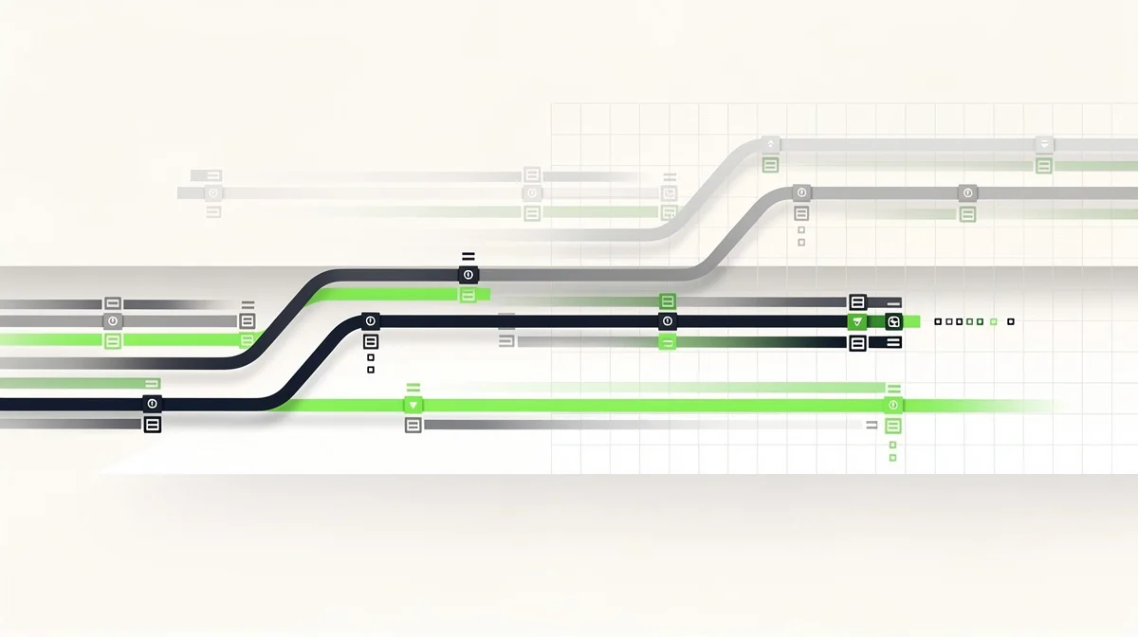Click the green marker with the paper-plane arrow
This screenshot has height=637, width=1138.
pyautogui.click(x=857, y=322)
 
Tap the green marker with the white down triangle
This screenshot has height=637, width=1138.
pyautogui.click(x=413, y=405)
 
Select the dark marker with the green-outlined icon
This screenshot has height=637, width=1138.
pyautogui.click(x=892, y=322)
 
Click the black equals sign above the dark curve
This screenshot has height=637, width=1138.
pyautogui.click(x=468, y=256)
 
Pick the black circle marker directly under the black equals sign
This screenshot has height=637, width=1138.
pyautogui.click(x=468, y=275)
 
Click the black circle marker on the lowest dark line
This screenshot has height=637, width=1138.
pyautogui.click(x=152, y=404)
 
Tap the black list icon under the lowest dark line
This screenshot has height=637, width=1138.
pyautogui.click(x=152, y=425)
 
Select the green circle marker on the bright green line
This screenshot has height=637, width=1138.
pyautogui.click(x=892, y=405)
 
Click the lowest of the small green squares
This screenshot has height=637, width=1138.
pyautogui.click(x=892, y=458)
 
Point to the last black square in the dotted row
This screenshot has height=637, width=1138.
pyautogui.click(x=1010, y=322)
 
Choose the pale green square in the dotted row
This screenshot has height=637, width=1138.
pyautogui.click(x=993, y=322)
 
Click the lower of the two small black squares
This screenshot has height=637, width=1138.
pyautogui.click(x=370, y=371)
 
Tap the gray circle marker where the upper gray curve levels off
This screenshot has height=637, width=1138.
pyautogui.click(x=801, y=192)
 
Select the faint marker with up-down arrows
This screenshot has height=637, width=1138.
pyautogui.click(x=770, y=145)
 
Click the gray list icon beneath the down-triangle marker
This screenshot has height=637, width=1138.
pyautogui.click(x=413, y=426)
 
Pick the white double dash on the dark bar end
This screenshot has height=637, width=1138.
pyautogui.click(x=892, y=342)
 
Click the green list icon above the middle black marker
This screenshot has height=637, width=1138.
pyautogui.click(x=668, y=301)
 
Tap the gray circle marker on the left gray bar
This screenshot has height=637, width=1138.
pyautogui.click(x=113, y=321)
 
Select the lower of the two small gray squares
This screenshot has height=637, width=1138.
pyautogui.click(x=801, y=243)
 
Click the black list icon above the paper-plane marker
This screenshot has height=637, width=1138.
pyautogui.click(x=857, y=302)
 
